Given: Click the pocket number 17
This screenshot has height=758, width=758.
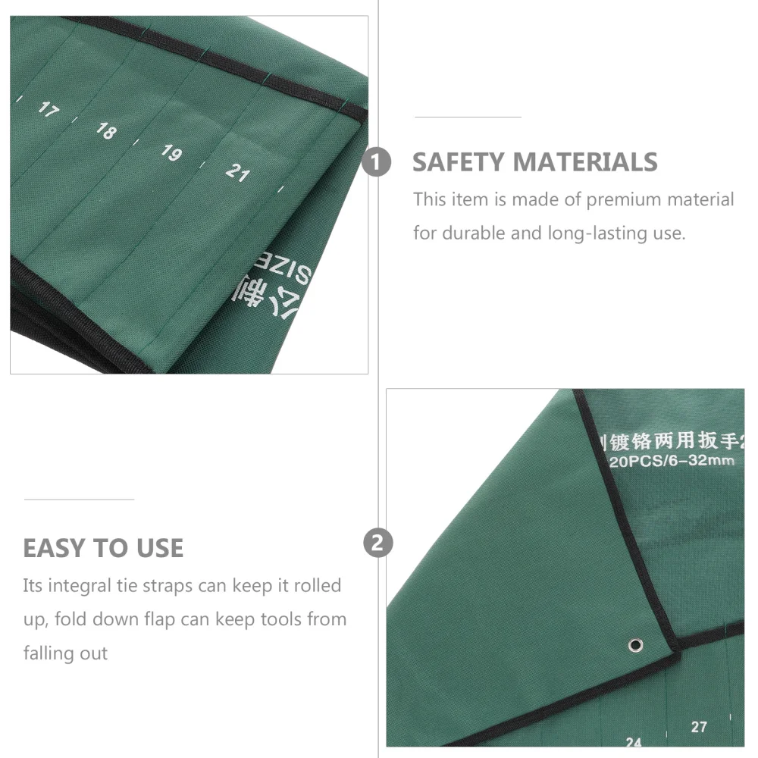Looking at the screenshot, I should tap(48, 110).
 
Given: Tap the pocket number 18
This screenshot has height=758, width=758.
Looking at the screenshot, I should tap(106, 130).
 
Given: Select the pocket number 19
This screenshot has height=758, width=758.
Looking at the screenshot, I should tap(171, 152).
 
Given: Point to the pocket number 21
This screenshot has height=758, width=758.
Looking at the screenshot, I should tap(237, 173).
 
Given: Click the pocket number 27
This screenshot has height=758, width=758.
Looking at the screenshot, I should tap(699, 727).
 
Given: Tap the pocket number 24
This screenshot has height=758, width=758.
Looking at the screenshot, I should tap(634, 743).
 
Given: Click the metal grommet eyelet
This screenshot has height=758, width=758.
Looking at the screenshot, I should tap(635, 645).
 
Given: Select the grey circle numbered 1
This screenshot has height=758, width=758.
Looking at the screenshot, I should tap(377, 162).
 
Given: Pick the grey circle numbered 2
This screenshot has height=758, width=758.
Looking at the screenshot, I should tap(377, 543).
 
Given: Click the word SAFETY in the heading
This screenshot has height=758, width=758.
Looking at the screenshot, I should tap(458, 162).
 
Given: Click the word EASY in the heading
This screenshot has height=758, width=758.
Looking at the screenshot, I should tap(54, 548).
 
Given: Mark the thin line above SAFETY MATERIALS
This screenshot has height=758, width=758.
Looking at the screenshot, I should tap(468, 117).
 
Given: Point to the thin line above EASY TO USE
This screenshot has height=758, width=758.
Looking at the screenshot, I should tap(79, 500).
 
